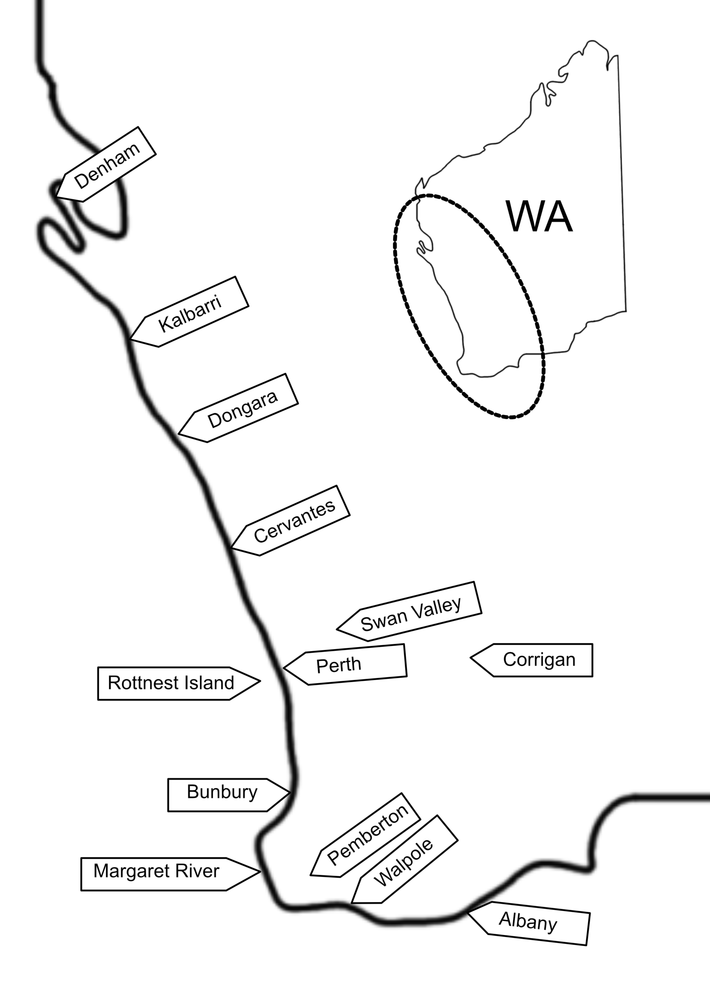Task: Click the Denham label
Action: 106,164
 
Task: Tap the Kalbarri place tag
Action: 189,312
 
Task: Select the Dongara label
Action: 238,408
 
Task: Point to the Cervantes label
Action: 290,521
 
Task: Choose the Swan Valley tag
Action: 409,612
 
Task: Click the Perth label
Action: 345,665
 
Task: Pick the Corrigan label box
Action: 532,660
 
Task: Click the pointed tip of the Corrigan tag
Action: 470,658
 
